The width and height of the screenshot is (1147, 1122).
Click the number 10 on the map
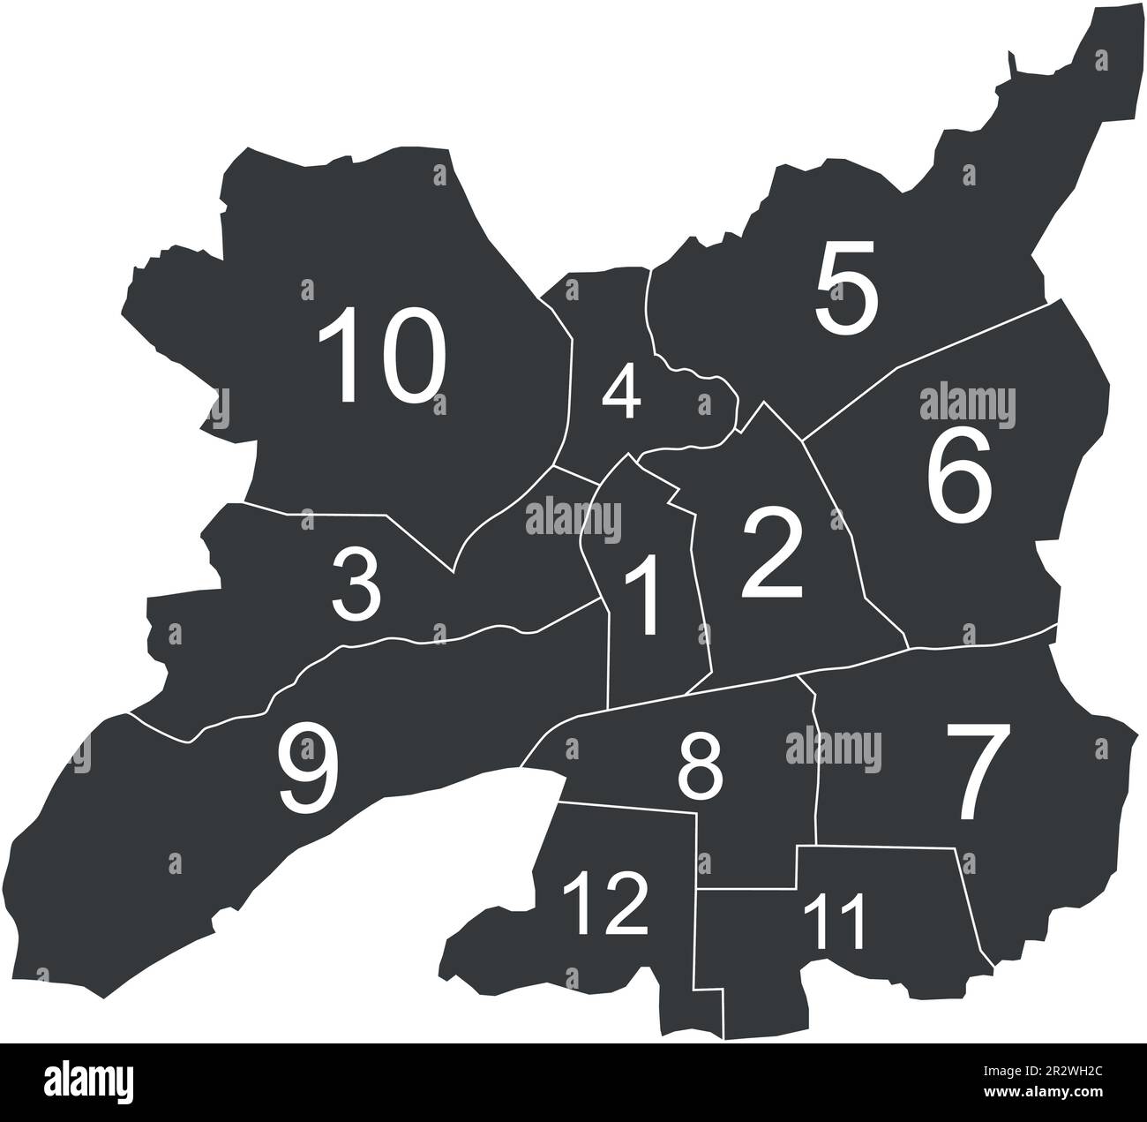[381, 356]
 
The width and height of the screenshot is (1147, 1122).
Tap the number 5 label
[846, 290]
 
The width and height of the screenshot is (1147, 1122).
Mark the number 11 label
[836, 920]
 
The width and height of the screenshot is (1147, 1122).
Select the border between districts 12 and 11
[695, 936]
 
